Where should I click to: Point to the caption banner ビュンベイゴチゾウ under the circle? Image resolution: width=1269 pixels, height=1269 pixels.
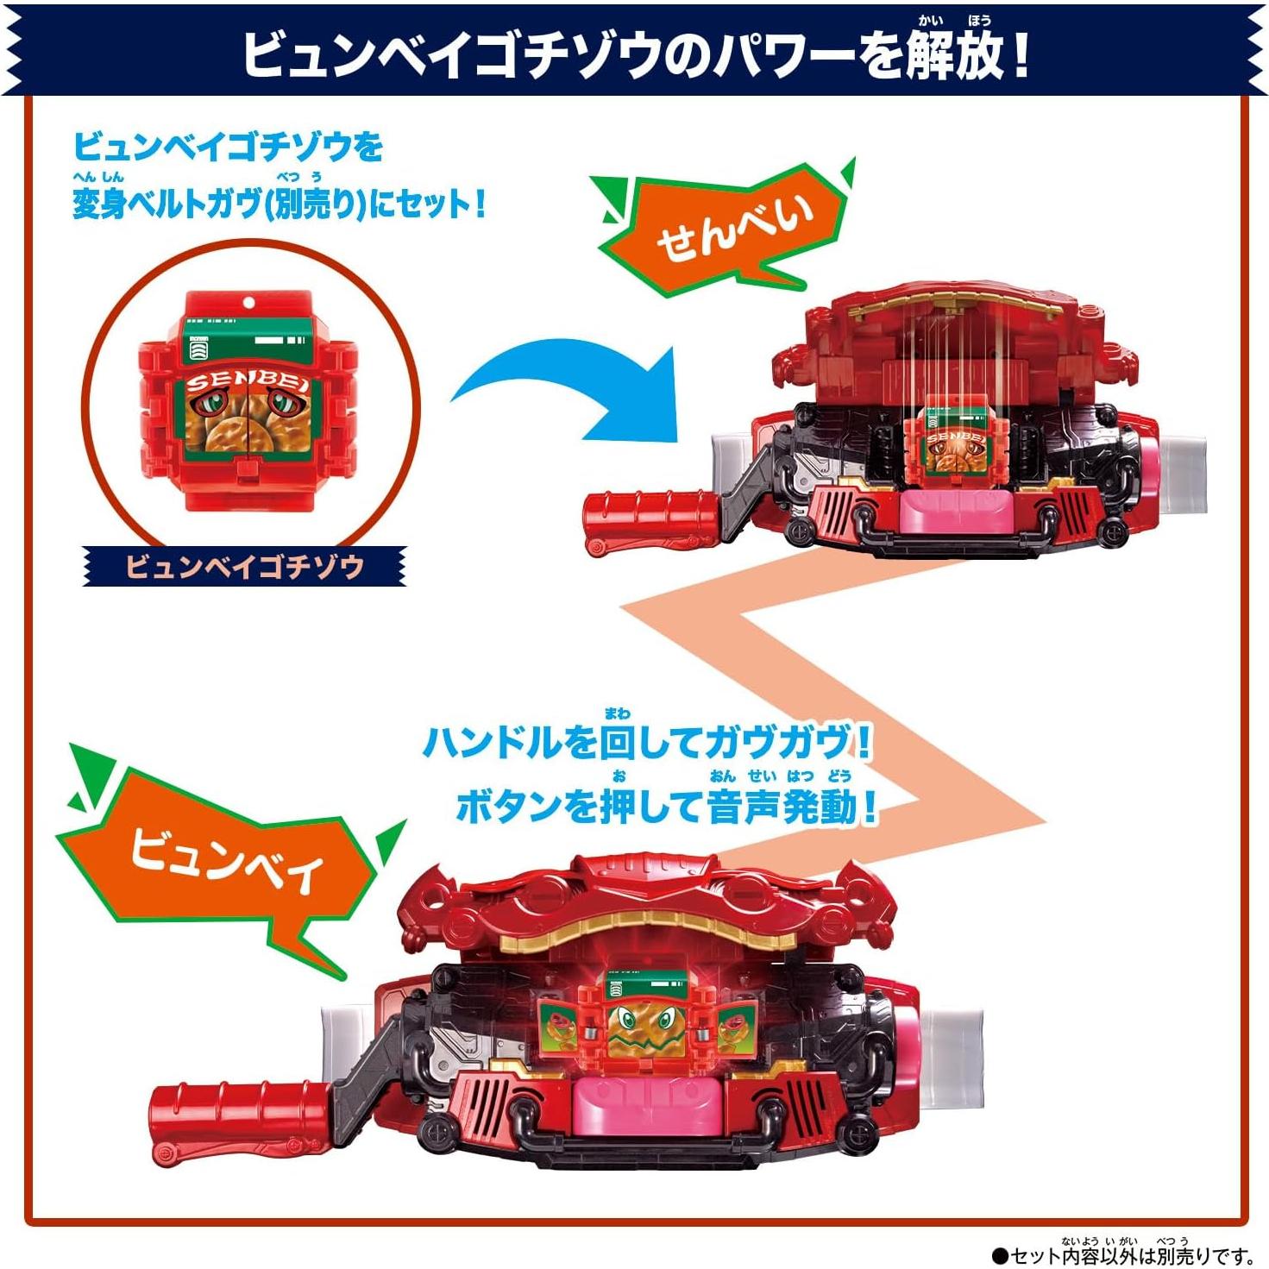pos(244,567)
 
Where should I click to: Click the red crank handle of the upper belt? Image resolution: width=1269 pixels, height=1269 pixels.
pos(647,518)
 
